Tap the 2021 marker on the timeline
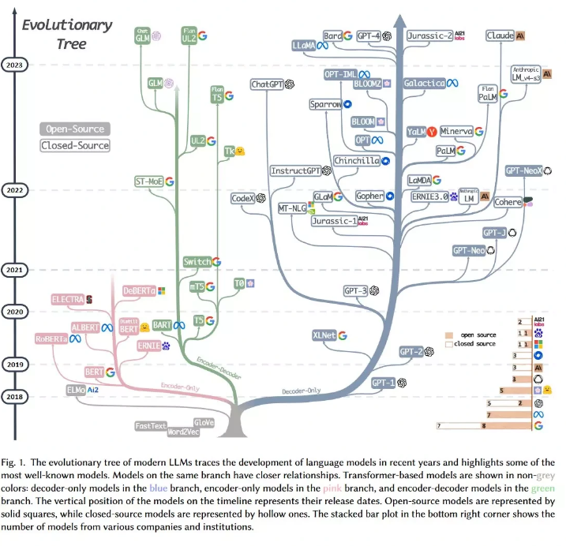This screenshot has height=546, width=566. (x=13, y=270)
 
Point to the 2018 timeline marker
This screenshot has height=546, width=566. (x=13, y=397)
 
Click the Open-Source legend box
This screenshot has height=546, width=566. (x=75, y=129)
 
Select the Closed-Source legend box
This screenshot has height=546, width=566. (x=75, y=145)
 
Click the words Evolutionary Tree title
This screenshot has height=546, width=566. (x=66, y=34)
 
